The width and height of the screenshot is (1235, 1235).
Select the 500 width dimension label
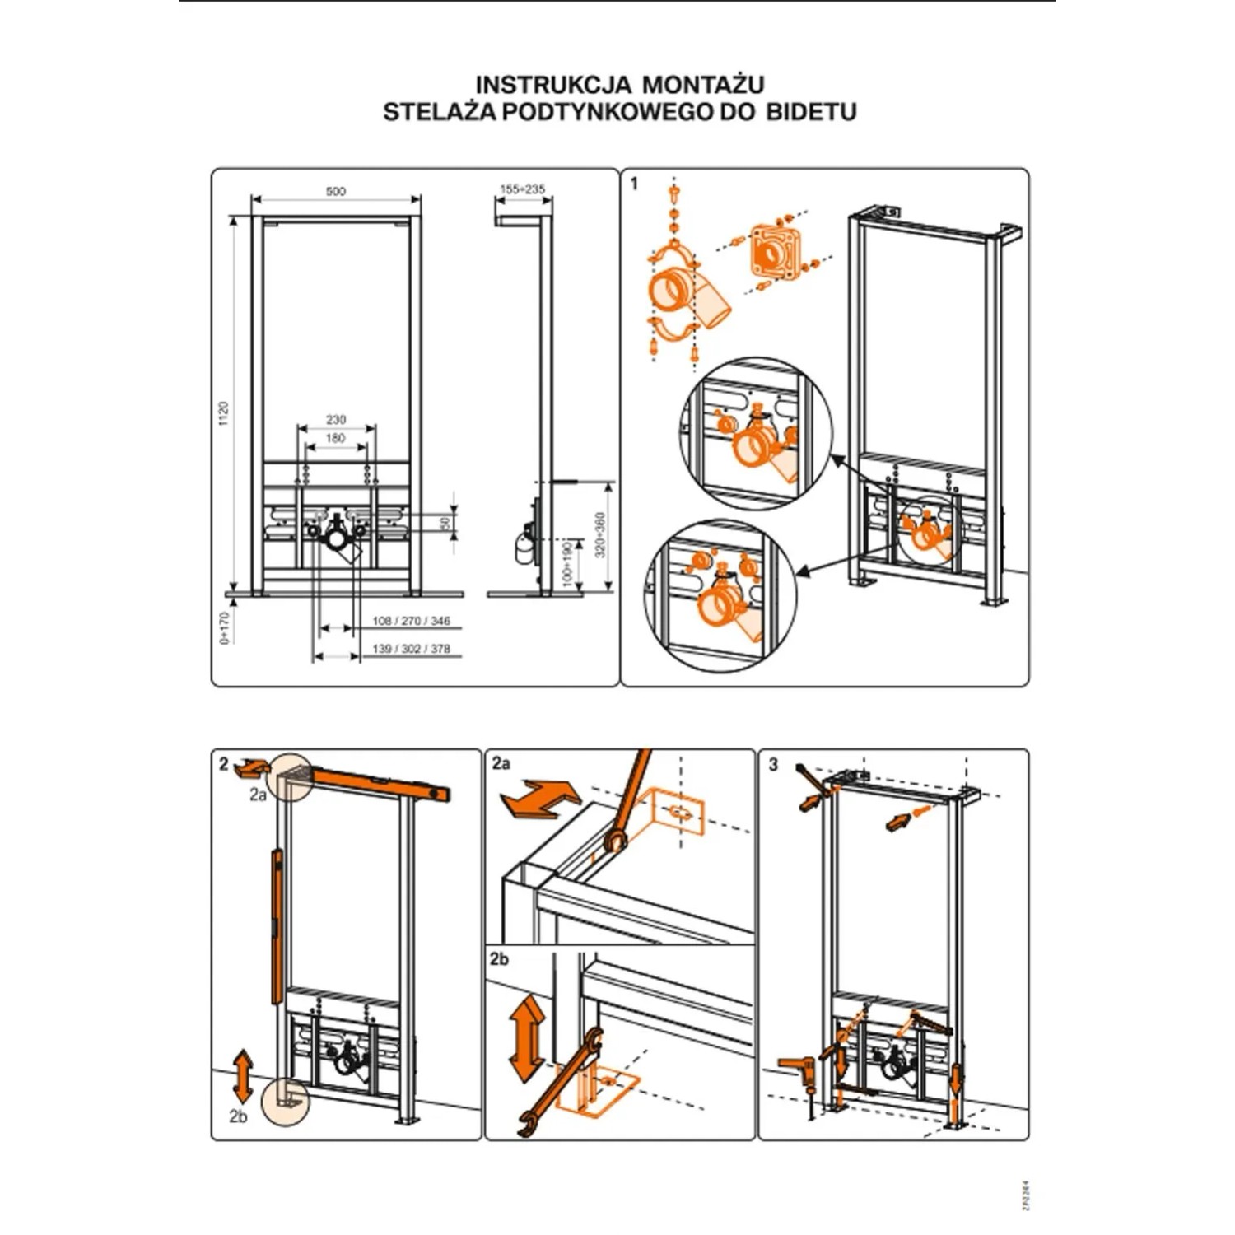(x=335, y=191)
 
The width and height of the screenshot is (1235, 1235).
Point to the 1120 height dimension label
(x=223, y=413)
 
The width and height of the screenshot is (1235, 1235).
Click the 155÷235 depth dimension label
(x=523, y=189)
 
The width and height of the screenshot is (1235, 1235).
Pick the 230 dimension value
(x=335, y=420)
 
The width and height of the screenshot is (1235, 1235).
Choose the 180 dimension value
(x=335, y=438)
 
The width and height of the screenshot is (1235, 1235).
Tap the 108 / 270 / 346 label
(x=411, y=622)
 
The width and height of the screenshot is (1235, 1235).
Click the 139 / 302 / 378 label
(x=411, y=649)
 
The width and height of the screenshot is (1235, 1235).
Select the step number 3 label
(x=772, y=765)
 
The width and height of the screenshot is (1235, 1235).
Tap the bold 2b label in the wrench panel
(x=499, y=959)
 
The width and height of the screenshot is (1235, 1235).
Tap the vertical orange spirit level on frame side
(x=277, y=926)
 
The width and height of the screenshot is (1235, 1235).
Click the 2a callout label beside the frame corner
(x=258, y=795)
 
